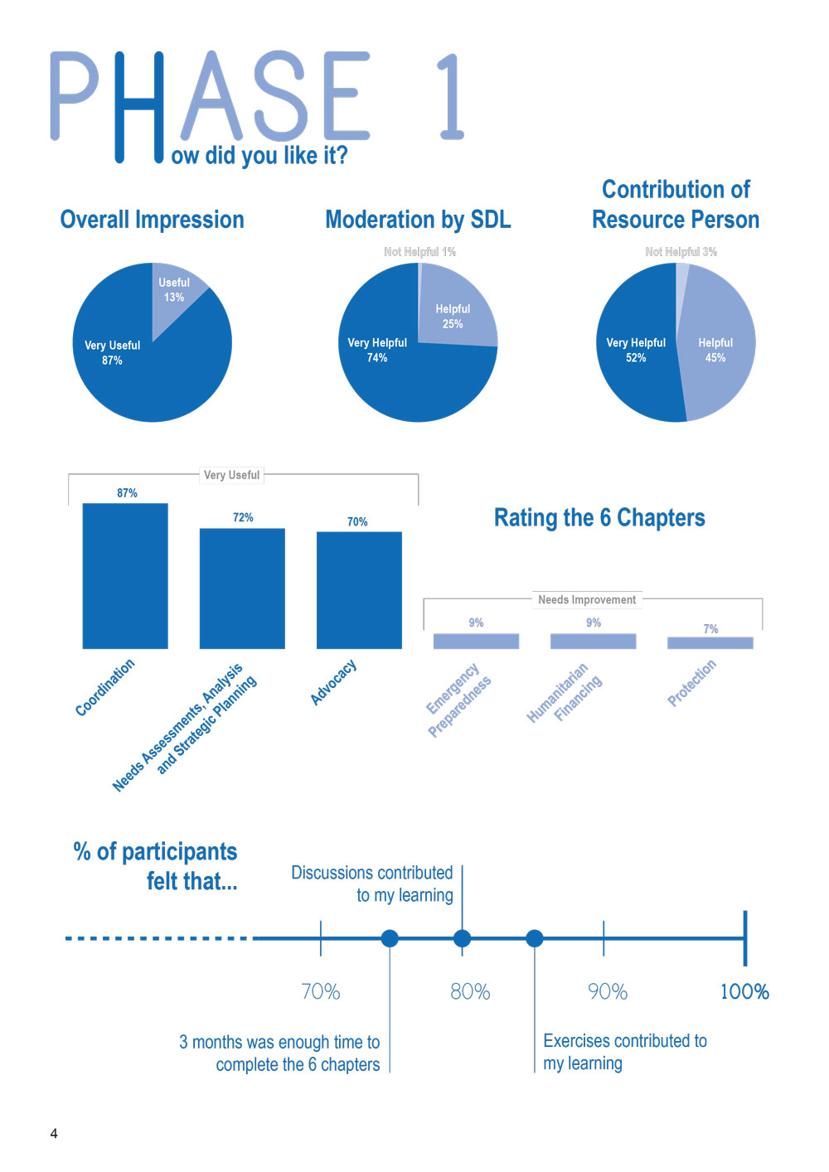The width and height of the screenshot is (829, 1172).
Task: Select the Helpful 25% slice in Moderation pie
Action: (x=454, y=313)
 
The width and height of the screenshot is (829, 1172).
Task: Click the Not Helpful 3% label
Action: (x=681, y=251)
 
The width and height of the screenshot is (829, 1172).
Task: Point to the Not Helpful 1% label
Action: (x=419, y=251)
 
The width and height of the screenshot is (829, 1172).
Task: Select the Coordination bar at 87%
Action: (x=125, y=575)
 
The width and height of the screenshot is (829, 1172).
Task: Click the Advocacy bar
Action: (x=359, y=589)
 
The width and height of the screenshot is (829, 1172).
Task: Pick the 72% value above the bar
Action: (x=243, y=517)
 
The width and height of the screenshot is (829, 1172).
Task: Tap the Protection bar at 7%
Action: (x=710, y=642)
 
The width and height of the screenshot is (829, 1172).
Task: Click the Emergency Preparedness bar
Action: (x=476, y=641)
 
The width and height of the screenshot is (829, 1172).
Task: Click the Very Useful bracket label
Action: (x=231, y=475)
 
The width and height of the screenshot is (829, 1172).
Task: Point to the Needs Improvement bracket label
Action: (x=587, y=599)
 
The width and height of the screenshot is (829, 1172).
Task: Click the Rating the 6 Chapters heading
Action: (x=599, y=518)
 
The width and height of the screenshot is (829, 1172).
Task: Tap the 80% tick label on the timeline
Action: (x=470, y=991)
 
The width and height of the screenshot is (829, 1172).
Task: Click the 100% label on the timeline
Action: (x=744, y=991)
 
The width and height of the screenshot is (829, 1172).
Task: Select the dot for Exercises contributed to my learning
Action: (x=535, y=938)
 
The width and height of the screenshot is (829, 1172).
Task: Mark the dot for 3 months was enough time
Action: (x=390, y=938)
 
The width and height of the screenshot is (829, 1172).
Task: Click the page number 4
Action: (x=54, y=1133)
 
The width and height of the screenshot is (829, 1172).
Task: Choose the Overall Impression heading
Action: (x=153, y=220)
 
